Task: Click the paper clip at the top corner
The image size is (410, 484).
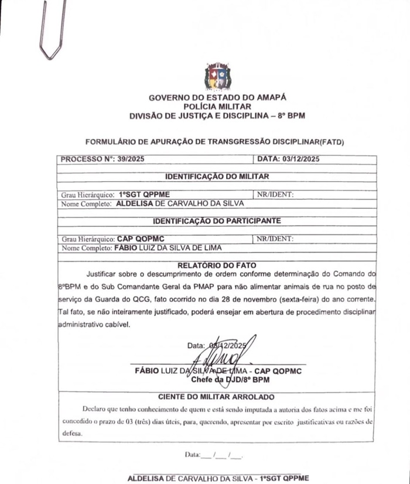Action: point(52,29)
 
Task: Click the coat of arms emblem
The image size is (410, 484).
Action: point(217,77)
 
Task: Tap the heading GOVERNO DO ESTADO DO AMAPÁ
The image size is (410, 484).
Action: point(217,98)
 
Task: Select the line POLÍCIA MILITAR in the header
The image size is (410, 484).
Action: point(217,107)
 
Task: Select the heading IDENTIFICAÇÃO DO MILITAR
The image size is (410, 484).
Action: point(217,176)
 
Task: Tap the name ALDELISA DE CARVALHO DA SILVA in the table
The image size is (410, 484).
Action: point(180,204)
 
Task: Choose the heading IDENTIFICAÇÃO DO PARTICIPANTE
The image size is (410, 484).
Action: point(217,221)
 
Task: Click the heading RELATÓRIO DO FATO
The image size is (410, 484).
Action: point(217,265)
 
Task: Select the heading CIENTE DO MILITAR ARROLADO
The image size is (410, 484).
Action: point(217,397)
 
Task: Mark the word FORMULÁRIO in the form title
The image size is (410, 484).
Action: point(111,142)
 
